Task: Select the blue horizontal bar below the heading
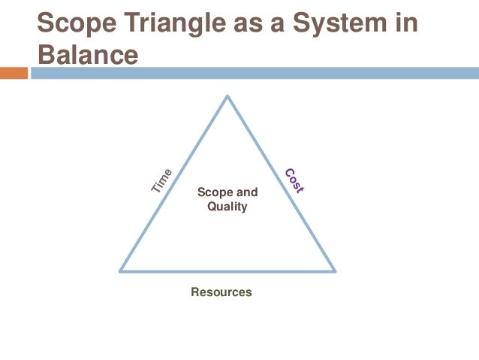tap(255, 73)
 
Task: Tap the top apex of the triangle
tap(227, 95)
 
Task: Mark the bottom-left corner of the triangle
tap(121, 271)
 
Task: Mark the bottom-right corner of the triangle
tap(334, 271)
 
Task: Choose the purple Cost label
tap(294, 181)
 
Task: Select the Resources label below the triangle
tap(221, 292)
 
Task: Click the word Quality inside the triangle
tap(227, 206)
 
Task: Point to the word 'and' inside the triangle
tap(247, 192)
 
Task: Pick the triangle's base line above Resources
tap(227, 271)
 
